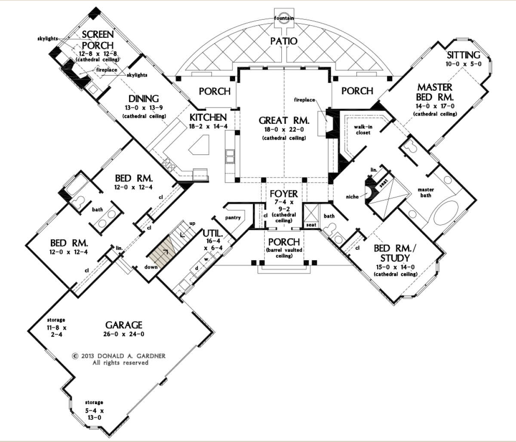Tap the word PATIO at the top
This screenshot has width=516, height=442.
coord(284,41)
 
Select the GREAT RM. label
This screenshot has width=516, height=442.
coord(283,120)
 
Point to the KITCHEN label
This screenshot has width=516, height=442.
coord(209,117)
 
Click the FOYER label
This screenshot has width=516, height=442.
coord(283,194)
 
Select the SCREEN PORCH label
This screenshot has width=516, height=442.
coord(98,40)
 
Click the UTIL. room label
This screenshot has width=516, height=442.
coord(212,233)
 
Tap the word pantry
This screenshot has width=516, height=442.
coord(233,218)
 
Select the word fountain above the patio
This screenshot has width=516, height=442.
coord(284,18)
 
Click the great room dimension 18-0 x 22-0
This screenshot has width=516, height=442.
coord(283,130)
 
